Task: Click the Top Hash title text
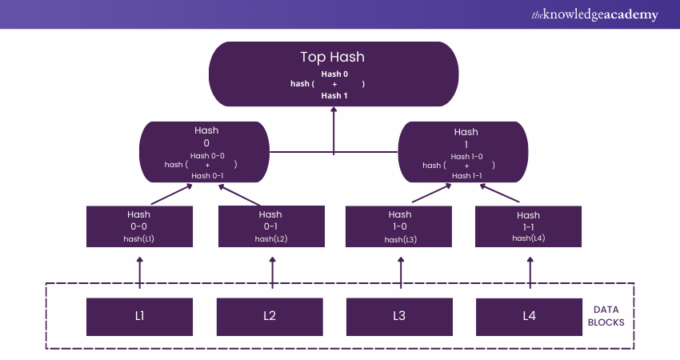[x=334, y=57]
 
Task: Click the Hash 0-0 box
[x=139, y=226]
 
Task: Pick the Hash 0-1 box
[x=270, y=226]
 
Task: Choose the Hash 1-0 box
[x=399, y=226]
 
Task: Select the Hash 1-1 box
[x=528, y=226]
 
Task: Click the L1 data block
[x=139, y=316]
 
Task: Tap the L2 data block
[x=270, y=316]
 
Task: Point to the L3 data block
[x=399, y=316]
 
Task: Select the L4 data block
[x=529, y=316]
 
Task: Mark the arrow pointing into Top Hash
[x=334, y=128]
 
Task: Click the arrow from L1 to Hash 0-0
[x=139, y=272]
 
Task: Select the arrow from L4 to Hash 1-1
[x=529, y=272]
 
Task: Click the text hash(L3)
[x=399, y=239]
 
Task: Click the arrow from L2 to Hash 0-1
[x=272, y=272]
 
